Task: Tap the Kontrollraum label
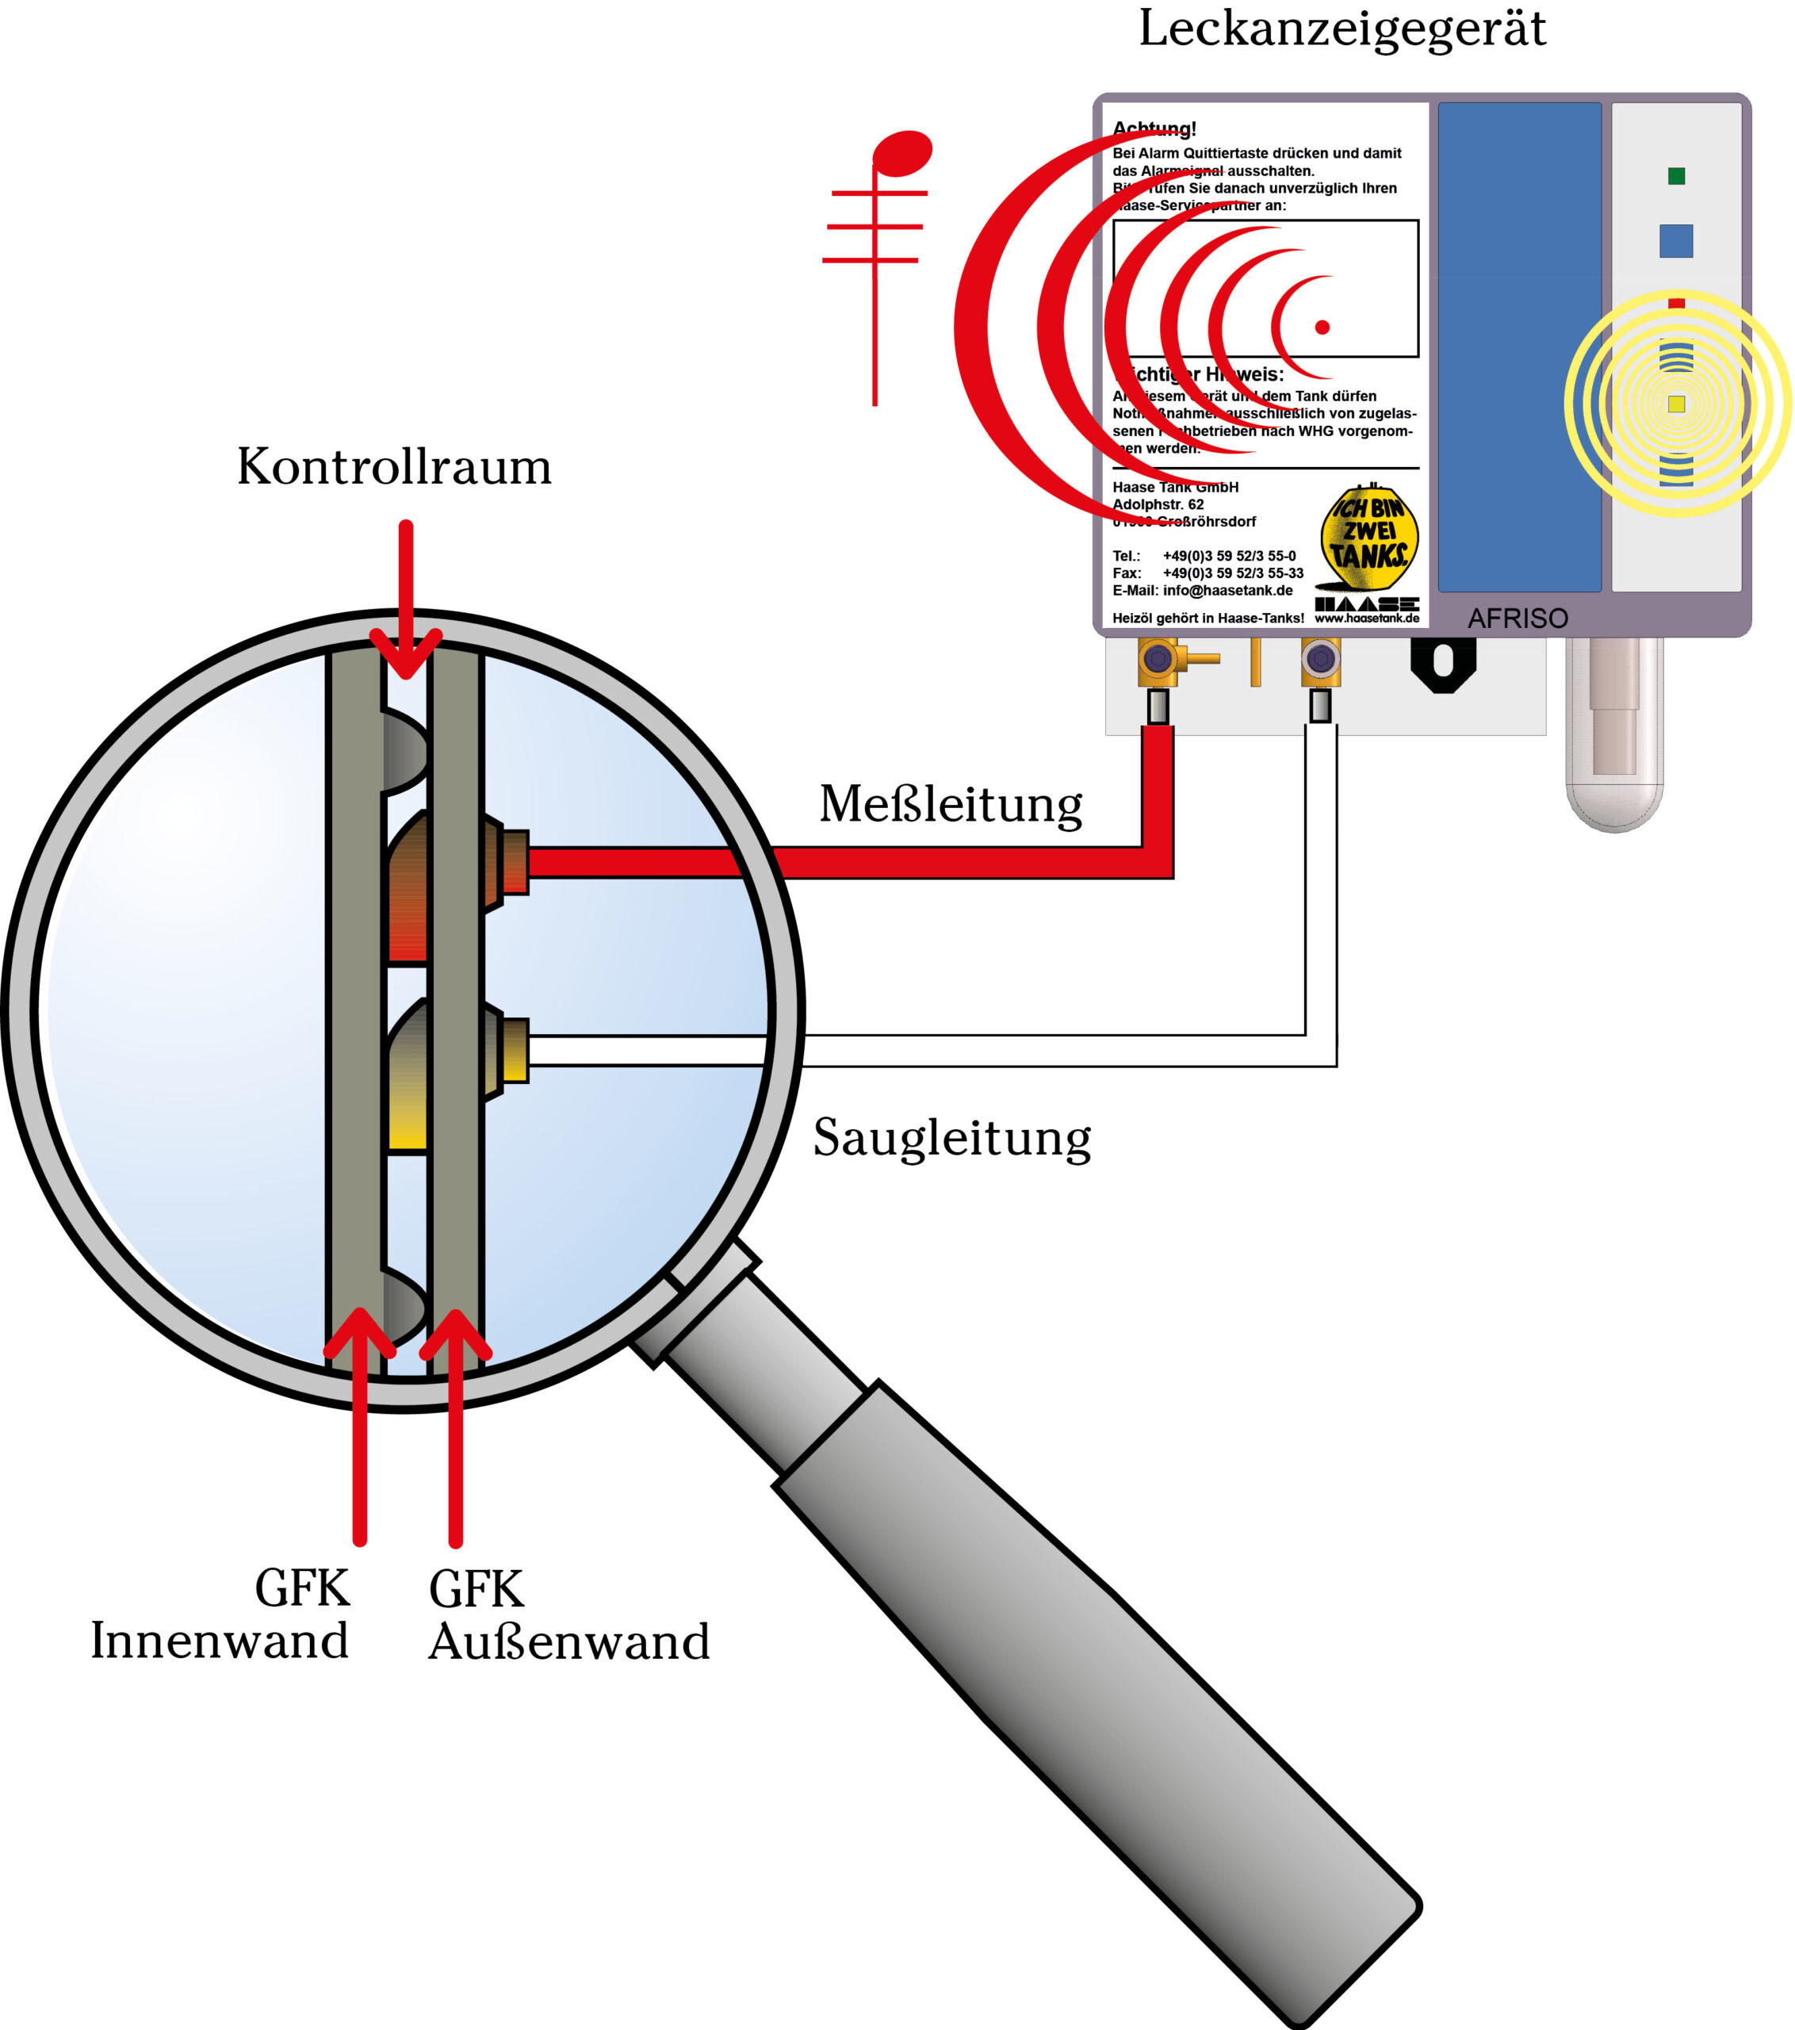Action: click(x=394, y=467)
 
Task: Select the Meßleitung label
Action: click(x=950, y=804)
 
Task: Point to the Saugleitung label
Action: click(x=952, y=1138)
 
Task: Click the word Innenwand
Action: click(x=220, y=1641)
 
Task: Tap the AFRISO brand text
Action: click(x=1517, y=619)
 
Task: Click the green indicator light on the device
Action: click(x=1676, y=177)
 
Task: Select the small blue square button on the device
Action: click(x=1676, y=241)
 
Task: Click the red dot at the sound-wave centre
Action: click(x=1322, y=327)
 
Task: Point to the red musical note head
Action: click(x=902, y=154)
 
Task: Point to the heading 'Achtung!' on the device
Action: click(x=1154, y=129)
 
